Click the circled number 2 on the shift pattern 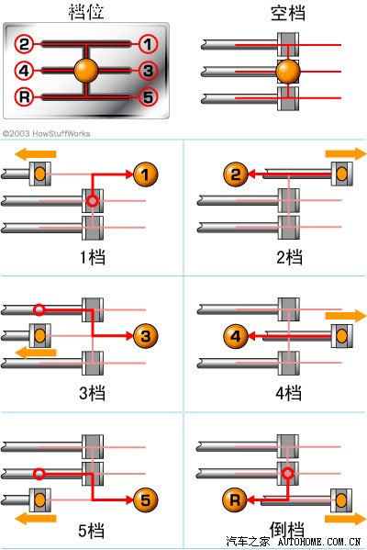coord(24,44)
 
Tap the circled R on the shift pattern coord(24,96)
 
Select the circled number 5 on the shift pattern coord(149,96)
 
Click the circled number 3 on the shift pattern coord(149,71)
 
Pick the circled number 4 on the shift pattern coord(24,71)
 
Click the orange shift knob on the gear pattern coord(86,71)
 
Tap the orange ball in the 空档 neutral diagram coord(288,72)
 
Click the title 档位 coord(86,11)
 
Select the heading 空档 coord(288,13)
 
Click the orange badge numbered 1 coord(146,174)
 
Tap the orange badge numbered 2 coord(236,174)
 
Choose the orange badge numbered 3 coord(146,336)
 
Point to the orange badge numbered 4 coord(236,336)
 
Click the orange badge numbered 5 coord(146,500)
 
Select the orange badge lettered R coord(235,499)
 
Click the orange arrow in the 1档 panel coord(35,154)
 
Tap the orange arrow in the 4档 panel coord(346,316)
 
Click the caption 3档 coord(92,392)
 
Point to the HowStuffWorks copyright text coord(46,134)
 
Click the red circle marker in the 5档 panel coord(39,474)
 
